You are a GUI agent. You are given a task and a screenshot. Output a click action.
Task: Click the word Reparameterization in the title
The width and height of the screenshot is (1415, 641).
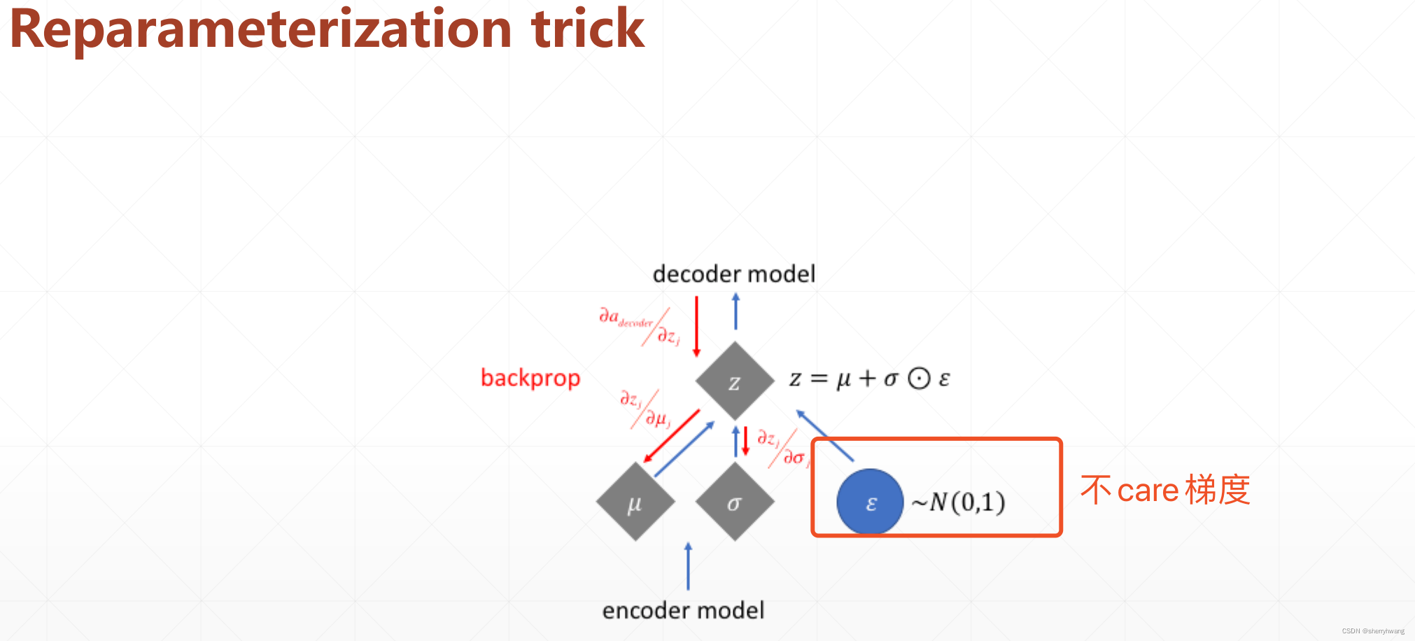pos(260,29)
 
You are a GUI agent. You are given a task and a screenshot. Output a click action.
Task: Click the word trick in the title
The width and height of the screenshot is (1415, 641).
pos(588,29)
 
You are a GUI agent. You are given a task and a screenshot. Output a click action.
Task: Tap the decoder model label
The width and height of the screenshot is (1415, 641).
pos(733,274)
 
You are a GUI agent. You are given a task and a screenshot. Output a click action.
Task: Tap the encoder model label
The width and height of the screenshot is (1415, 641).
pos(683,611)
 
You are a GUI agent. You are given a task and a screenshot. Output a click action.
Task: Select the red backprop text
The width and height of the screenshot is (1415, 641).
pos(530,378)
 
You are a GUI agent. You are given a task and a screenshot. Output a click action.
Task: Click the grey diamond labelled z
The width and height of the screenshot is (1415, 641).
pos(735,381)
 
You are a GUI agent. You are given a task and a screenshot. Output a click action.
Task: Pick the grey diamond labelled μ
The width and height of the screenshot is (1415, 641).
pos(635,502)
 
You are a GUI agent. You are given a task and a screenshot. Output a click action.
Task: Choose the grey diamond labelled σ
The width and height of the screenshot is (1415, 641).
pos(735,502)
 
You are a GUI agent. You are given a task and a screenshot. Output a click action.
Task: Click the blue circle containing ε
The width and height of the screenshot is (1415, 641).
pos(870,502)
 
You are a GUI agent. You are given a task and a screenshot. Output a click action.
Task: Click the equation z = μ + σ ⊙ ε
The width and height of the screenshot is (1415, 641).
pos(869,379)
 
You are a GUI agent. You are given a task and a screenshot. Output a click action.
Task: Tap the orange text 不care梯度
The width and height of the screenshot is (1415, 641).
pos(1164,490)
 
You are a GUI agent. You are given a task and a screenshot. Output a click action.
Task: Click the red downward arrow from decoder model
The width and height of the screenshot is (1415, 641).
pos(696,326)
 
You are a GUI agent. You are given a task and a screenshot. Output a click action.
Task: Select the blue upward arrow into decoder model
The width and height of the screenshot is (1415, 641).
pos(735,311)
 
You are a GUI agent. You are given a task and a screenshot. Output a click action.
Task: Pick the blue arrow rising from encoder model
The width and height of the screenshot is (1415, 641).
pos(688,566)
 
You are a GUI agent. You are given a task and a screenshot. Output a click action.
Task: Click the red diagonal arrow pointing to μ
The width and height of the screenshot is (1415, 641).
pos(671,436)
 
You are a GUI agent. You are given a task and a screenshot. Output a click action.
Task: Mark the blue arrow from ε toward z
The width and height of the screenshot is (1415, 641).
pos(825,435)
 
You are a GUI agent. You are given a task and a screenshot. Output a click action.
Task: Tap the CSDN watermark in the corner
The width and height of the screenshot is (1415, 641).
pos(1372,631)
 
